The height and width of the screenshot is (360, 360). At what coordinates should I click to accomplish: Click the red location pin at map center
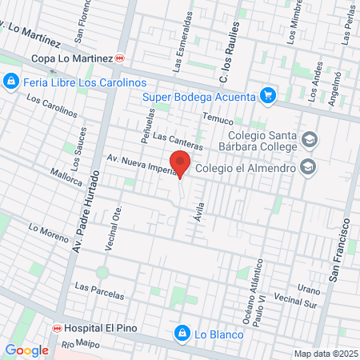pos(181,164)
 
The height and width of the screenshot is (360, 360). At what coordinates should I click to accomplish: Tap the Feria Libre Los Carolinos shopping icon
pos(11,82)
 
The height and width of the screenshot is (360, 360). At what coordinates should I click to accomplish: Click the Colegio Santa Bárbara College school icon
pos(309,142)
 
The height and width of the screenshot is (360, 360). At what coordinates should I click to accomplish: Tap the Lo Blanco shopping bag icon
pos(182,332)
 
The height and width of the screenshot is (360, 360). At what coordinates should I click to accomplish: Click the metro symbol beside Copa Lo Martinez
pos(121,58)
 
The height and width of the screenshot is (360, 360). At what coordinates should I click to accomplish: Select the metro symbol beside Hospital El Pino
pos(57,329)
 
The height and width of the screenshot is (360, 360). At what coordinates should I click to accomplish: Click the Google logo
pos(26,350)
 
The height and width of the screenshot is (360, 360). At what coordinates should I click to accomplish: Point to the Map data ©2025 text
pos(324,354)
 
